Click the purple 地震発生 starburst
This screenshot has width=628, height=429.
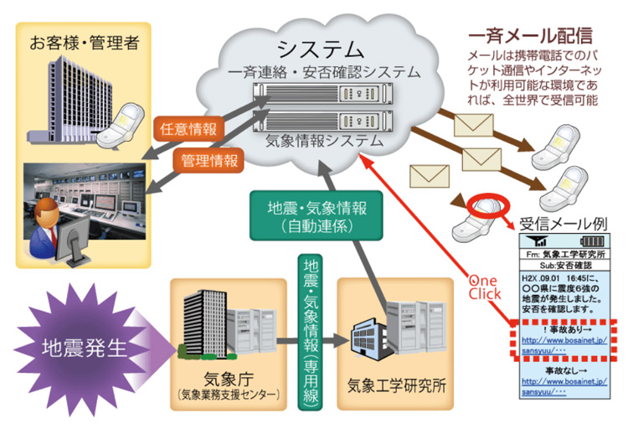tap(73, 345)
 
